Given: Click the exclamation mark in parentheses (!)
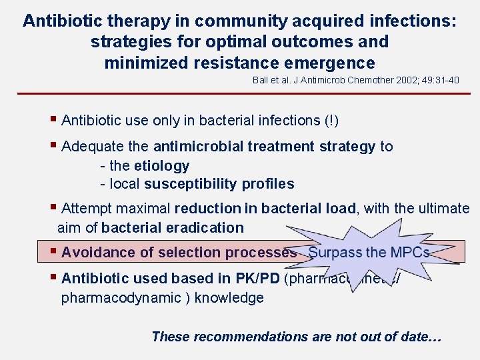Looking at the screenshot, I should click(332, 121).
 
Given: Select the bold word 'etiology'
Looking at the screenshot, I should click(161, 165).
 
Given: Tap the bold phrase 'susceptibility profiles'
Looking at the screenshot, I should click(219, 184).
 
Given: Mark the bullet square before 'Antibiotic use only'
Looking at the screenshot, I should click(53, 119).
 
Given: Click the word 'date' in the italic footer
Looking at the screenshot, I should click(417, 337).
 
